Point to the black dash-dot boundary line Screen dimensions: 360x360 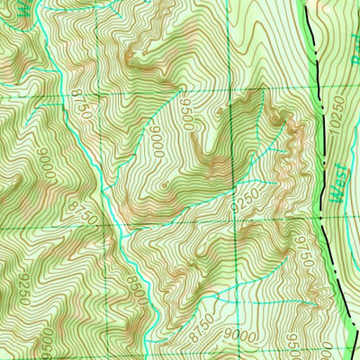click(x=317, y=135)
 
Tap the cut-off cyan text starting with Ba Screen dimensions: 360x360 click(x=350, y=63)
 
